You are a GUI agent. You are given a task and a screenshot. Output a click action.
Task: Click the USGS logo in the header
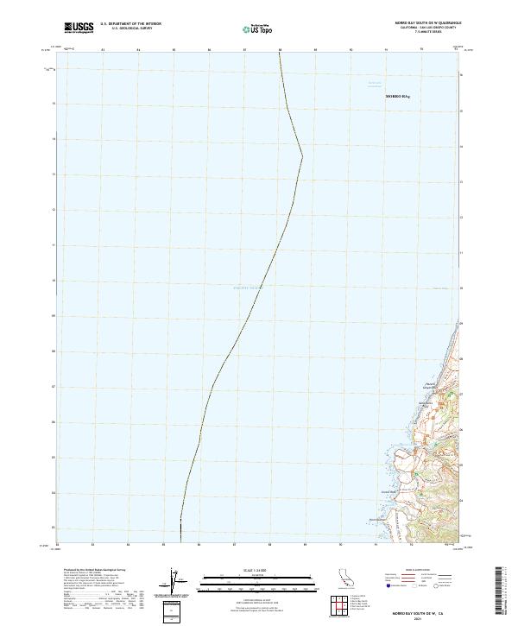79,28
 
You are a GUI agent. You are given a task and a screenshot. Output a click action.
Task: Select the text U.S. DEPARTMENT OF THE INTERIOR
130,24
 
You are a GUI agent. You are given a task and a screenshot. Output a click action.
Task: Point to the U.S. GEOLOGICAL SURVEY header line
130,29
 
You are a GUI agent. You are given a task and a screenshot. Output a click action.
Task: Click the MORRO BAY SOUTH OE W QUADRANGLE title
420,23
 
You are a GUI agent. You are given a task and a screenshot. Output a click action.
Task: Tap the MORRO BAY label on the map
399,97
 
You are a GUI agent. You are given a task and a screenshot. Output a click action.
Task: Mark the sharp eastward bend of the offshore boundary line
302,156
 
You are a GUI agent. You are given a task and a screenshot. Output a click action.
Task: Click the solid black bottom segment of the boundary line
180,531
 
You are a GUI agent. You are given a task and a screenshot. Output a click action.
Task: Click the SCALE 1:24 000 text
252,569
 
